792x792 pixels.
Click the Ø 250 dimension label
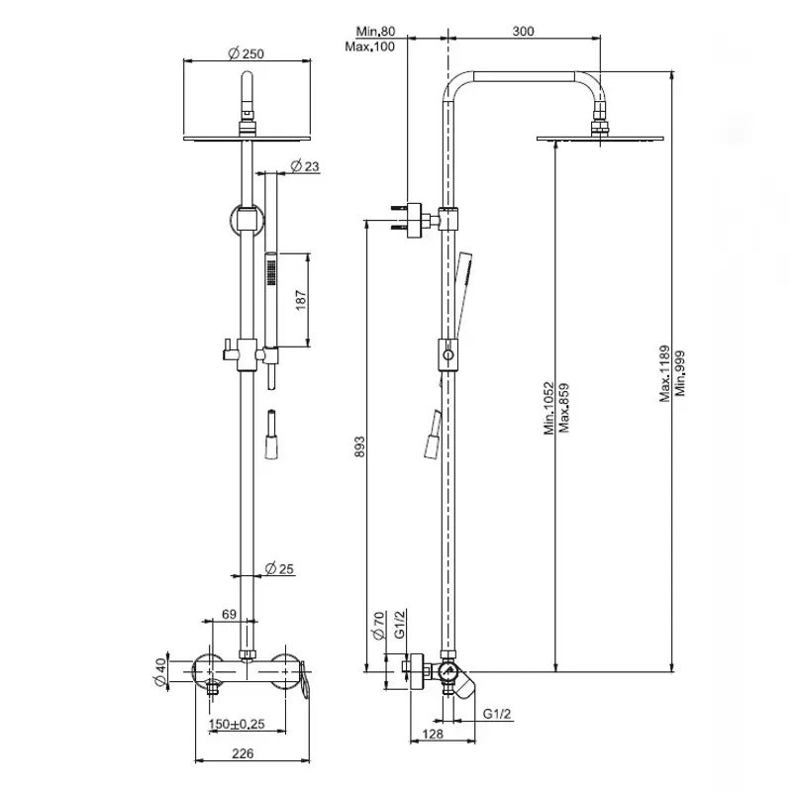pyautogui.click(x=246, y=53)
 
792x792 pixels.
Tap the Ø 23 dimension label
pyautogui.click(x=305, y=165)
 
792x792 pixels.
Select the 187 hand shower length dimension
pyautogui.click(x=301, y=300)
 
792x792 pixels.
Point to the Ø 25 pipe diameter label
pyautogui.click(x=279, y=568)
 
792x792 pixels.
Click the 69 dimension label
pyautogui.click(x=229, y=614)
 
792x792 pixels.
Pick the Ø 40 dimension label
pyautogui.click(x=159, y=672)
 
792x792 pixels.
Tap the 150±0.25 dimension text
pyautogui.click(x=237, y=724)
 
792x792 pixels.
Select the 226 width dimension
pyautogui.click(x=243, y=753)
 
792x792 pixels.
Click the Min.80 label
pyautogui.click(x=375, y=32)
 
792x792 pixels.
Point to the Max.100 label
pyautogui.click(x=369, y=47)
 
